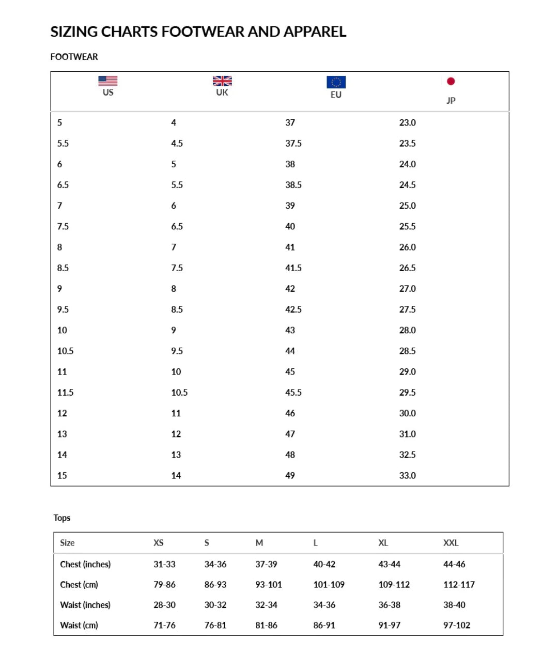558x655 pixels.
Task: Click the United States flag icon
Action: click(x=107, y=81)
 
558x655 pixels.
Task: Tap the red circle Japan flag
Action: click(x=451, y=81)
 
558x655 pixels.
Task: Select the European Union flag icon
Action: click(x=336, y=82)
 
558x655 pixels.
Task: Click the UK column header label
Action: click(x=222, y=92)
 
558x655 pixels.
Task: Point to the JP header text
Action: click(x=451, y=100)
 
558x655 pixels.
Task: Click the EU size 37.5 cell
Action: click(x=293, y=144)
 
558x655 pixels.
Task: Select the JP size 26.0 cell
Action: click(x=407, y=247)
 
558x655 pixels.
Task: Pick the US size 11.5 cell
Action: click(x=65, y=393)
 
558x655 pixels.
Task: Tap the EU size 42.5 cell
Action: click(x=293, y=309)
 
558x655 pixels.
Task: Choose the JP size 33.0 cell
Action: click(x=407, y=476)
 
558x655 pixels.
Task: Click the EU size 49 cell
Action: click(x=290, y=476)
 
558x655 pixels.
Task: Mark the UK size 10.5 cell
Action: click(x=179, y=393)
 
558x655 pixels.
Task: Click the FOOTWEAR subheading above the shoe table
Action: click(x=74, y=57)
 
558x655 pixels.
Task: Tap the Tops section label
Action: click(x=61, y=518)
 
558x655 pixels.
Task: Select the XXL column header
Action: click(x=451, y=543)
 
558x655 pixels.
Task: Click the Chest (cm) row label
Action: click(x=79, y=585)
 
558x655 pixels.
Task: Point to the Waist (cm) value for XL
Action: click(x=389, y=626)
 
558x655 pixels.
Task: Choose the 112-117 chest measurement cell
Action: click(x=459, y=585)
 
